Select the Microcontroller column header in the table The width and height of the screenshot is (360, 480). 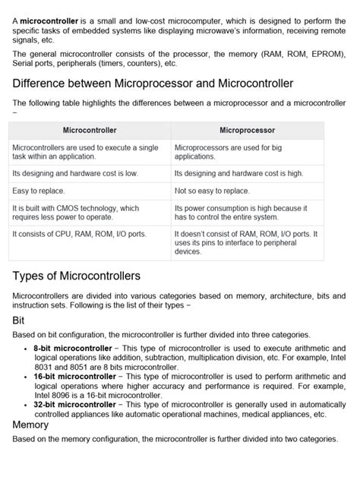[90, 131]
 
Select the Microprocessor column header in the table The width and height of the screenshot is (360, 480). [247, 131]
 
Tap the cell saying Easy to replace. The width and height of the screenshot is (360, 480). [39, 191]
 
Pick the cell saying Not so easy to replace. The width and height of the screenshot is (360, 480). [212, 191]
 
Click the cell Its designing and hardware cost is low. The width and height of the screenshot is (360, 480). [75, 173]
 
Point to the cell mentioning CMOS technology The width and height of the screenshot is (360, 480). [76, 212]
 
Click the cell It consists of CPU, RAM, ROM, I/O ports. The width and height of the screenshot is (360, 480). [80, 234]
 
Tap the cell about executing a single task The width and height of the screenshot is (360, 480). [85, 151]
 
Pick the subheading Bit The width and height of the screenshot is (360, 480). [19, 321]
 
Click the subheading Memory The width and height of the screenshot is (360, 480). [31, 425]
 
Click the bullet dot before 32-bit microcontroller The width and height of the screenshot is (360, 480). [27, 405]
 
